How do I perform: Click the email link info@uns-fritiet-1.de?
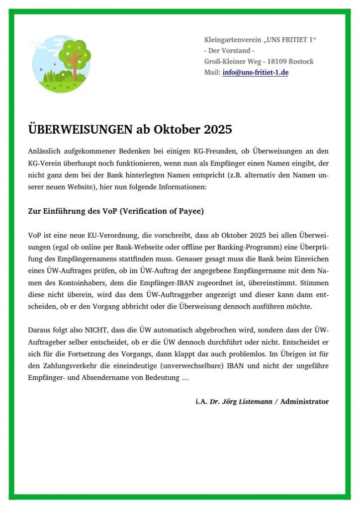[x=256, y=73]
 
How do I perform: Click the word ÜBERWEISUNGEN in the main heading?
[x=80, y=130]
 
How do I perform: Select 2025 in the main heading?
[x=217, y=130]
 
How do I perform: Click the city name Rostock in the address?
[x=300, y=62]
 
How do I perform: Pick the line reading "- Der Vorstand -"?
[x=229, y=51]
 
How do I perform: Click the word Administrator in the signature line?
[x=304, y=402]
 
